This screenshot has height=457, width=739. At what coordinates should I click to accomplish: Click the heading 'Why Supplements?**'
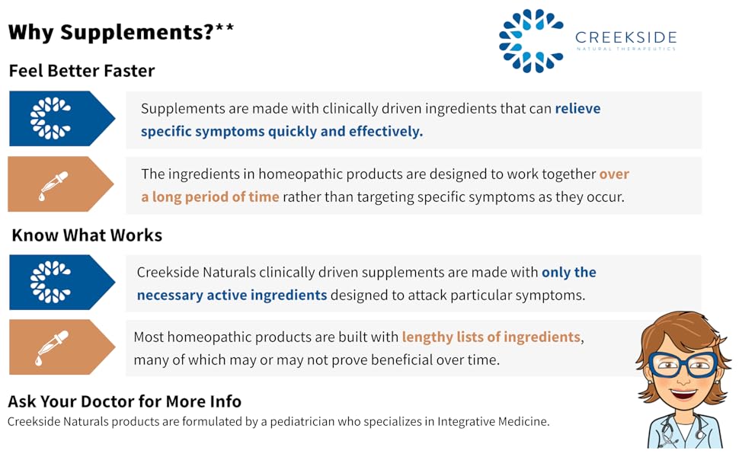point(120,33)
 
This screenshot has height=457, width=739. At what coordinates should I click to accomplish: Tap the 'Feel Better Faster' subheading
point(82,71)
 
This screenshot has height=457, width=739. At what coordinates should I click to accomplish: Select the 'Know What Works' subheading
point(87,235)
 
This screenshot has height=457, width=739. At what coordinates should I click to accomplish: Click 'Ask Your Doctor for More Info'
point(124,401)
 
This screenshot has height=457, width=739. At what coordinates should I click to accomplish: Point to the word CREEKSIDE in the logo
point(625,37)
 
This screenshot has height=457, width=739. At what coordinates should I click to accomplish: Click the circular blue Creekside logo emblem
point(531,41)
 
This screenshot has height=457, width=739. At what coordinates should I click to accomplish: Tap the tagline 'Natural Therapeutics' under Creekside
point(625,50)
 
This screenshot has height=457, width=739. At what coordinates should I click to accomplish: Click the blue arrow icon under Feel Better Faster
point(61,119)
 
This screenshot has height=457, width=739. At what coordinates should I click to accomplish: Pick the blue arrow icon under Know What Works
point(61,282)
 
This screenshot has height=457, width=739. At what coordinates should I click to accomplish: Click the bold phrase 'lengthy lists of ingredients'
point(491,337)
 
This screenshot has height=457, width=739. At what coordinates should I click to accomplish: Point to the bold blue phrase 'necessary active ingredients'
point(232,295)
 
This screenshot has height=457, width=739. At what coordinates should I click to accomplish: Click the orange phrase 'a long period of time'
point(210,197)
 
